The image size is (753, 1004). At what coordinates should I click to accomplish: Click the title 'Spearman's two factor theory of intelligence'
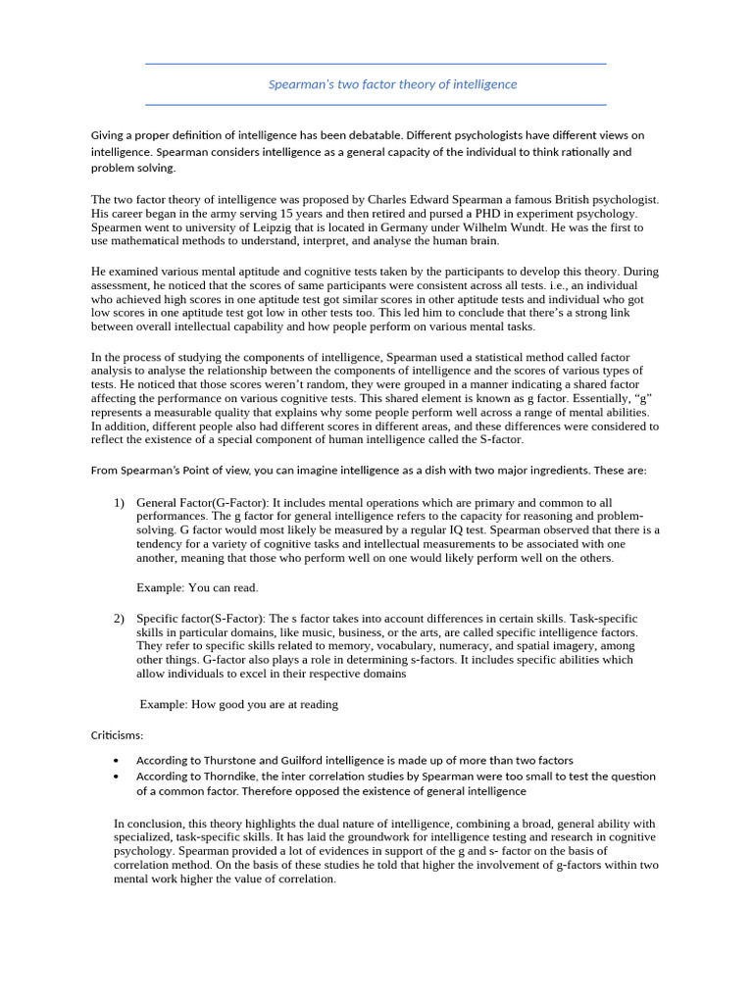point(392,84)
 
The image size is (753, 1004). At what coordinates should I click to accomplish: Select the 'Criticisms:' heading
point(117,734)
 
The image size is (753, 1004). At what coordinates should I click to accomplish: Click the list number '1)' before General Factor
point(119,502)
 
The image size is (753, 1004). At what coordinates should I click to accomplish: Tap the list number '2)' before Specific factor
point(119,619)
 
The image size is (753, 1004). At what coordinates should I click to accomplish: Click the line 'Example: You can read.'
point(197,587)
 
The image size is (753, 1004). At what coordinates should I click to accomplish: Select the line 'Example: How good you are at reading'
point(238,704)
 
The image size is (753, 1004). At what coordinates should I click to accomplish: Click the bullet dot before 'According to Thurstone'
point(117,761)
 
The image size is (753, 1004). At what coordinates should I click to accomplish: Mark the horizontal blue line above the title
point(376,64)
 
